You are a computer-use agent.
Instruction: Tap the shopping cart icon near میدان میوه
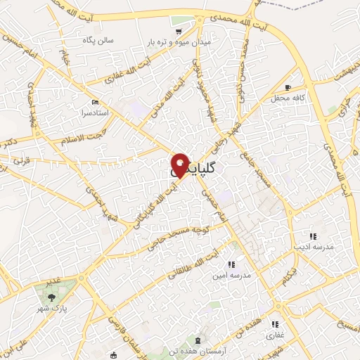[179, 31]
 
